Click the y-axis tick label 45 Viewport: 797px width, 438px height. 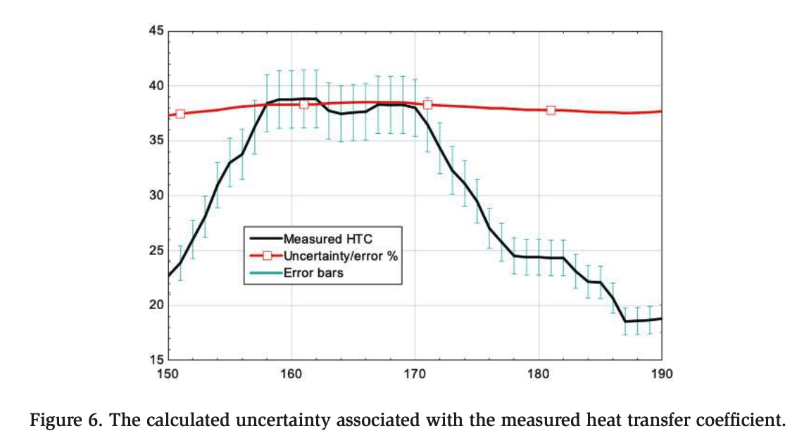[155, 31]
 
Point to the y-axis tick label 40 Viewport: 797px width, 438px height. [155, 86]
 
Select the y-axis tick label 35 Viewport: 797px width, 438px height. [155, 141]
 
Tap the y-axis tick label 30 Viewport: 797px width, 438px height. [155, 196]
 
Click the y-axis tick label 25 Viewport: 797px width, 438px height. [155, 251]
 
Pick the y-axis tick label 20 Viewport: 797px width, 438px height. [155, 306]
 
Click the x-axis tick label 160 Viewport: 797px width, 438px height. [291, 374]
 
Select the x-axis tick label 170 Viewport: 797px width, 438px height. [415, 374]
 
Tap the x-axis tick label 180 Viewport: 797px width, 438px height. [539, 374]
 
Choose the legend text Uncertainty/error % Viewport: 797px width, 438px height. [340, 256]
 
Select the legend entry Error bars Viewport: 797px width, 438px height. [313, 272]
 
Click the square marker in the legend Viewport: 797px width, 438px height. [267, 256]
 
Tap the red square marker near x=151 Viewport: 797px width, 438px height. [180, 114]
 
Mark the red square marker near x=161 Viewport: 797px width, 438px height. [304, 104]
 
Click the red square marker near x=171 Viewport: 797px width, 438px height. [427, 105]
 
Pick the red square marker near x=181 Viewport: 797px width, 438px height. [551, 110]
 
